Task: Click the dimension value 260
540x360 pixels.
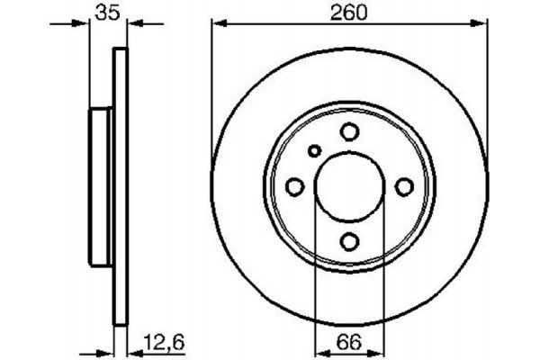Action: pos(349,13)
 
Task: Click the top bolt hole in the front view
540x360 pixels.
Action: pos(349,131)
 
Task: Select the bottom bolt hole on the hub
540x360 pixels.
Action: pos(349,241)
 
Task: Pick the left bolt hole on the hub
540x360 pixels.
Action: pos(293,186)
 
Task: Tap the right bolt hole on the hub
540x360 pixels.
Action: pos(405,186)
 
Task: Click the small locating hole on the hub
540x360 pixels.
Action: pos(314,151)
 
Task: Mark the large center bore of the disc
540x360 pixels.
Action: pos(349,186)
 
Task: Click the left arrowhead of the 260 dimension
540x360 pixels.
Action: pos(216,27)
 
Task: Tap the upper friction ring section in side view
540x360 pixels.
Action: pos(118,81)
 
